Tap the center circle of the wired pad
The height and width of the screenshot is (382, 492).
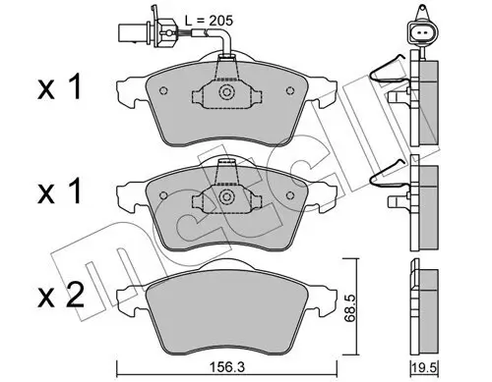(x=226, y=93)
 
